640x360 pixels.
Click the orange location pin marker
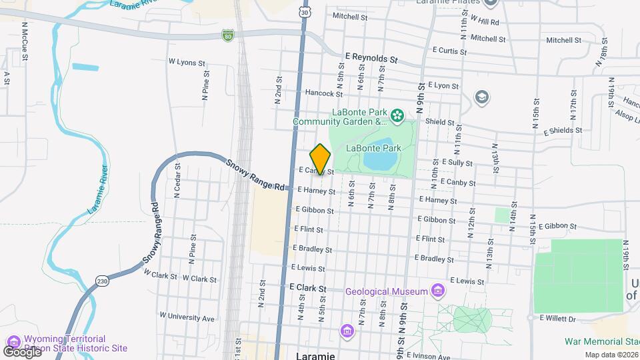(321, 159)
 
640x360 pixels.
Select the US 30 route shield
(305, 13)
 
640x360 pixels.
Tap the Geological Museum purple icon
(437, 291)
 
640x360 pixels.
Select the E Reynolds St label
(371, 59)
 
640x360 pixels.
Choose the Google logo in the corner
(22, 351)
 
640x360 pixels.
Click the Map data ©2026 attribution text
(611, 355)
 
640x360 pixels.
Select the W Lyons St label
(182, 62)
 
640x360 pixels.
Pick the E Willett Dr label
(557, 319)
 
